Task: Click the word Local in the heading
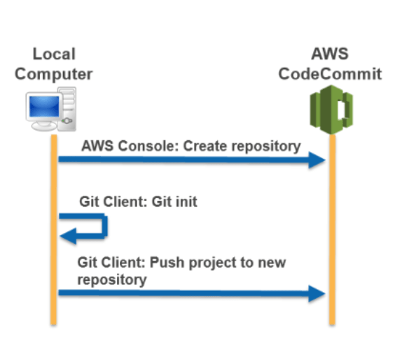pyautogui.click(x=54, y=54)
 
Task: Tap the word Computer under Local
pyautogui.click(x=54, y=74)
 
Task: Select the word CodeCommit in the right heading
pyautogui.click(x=330, y=74)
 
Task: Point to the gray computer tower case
pyautogui.click(x=67, y=109)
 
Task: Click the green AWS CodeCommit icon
pyautogui.click(x=331, y=110)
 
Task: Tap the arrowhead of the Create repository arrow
pyautogui.click(x=317, y=160)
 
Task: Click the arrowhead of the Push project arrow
pyautogui.click(x=317, y=293)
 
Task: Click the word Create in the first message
pyautogui.click(x=205, y=146)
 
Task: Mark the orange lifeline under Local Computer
pyautogui.click(x=54, y=230)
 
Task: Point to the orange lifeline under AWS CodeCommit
pyautogui.click(x=332, y=230)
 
